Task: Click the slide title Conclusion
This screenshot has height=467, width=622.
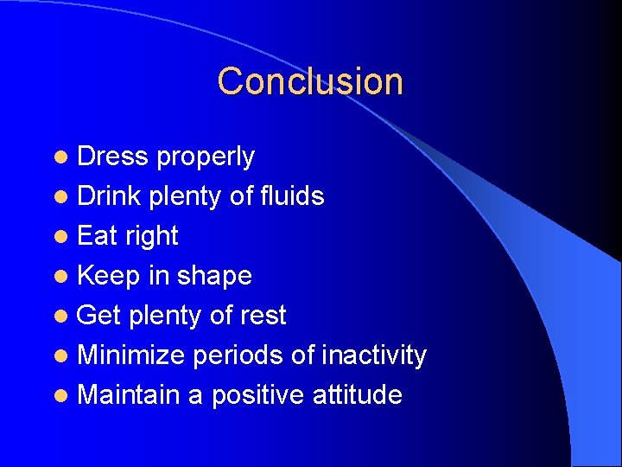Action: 310,81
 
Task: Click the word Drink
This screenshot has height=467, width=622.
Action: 109,196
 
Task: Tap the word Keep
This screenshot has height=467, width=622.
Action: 109,277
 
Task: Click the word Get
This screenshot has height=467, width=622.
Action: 98,316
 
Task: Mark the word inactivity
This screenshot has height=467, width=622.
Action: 373,355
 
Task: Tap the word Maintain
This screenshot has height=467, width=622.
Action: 128,395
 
